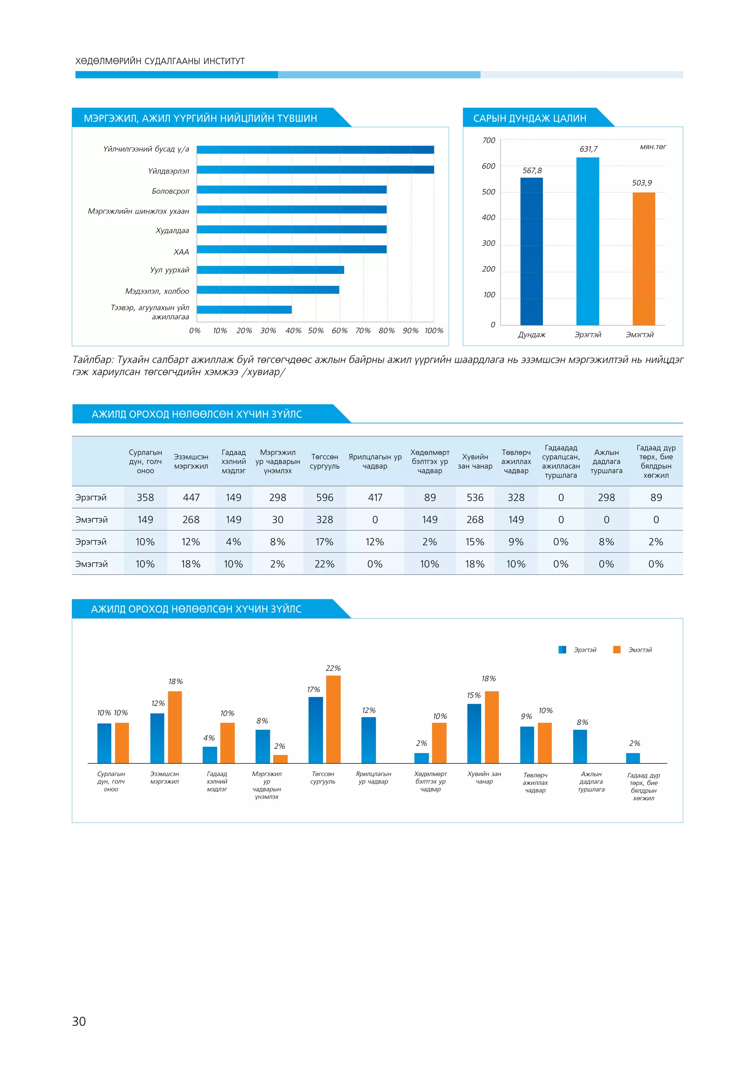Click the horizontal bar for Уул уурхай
270,270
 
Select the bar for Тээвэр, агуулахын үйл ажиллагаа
244,309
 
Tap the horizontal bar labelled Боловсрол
292,190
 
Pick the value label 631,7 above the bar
588,149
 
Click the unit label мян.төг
653,147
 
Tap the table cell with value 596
324,497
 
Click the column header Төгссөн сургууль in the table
324,461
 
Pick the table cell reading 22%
324,564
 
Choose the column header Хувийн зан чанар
475,461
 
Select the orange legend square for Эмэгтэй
617,650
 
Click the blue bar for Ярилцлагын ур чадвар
368,740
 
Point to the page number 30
79,1021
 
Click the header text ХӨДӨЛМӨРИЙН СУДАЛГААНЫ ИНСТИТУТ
160,61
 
